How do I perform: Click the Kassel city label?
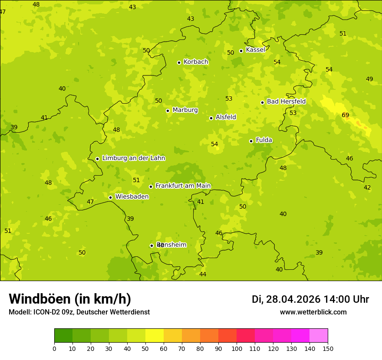coord(255,50)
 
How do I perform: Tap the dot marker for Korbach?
coord(179,62)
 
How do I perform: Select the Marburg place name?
coord(185,110)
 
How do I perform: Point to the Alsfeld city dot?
coord(211,118)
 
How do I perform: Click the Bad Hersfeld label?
coord(286,101)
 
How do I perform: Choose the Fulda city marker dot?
coord(251,141)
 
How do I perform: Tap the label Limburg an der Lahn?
coord(133,158)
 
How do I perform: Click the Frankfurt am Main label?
coord(183,186)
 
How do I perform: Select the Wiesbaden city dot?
coord(110,197)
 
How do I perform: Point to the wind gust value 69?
coord(346,115)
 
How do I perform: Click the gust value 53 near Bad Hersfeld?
coord(293,113)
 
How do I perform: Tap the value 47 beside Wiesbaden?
coord(90,202)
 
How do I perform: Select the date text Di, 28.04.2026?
coord(286,299)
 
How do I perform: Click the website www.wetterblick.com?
coord(313,312)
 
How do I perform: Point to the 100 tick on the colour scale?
coord(237,348)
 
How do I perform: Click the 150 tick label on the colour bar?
coord(328,348)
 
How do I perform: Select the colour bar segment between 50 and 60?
coord(155,336)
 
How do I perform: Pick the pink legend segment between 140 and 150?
coord(319,336)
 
